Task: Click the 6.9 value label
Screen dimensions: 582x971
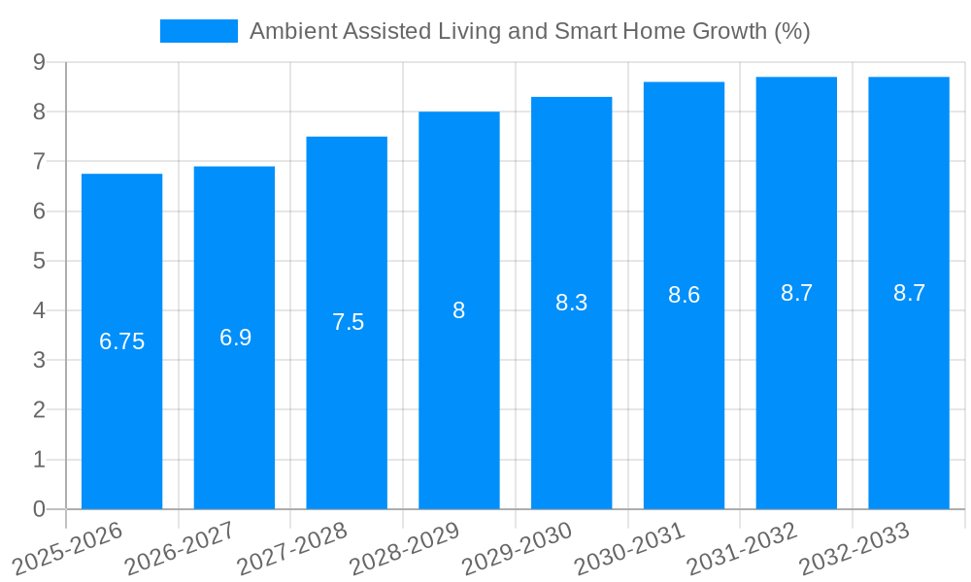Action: click(x=235, y=338)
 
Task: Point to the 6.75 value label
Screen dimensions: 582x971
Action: click(x=122, y=341)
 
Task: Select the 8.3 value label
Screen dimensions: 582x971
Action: click(x=572, y=303)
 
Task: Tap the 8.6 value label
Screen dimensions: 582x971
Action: click(x=684, y=296)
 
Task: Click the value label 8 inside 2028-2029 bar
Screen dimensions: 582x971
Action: click(x=459, y=310)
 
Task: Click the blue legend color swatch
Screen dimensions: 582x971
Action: click(x=199, y=31)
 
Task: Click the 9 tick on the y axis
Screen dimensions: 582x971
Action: click(x=39, y=62)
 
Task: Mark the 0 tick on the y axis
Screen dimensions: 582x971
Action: click(x=39, y=509)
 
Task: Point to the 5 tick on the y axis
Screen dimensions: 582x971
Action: click(x=39, y=261)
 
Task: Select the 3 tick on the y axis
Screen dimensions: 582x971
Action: click(x=39, y=360)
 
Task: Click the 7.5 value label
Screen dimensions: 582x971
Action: click(x=348, y=322)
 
